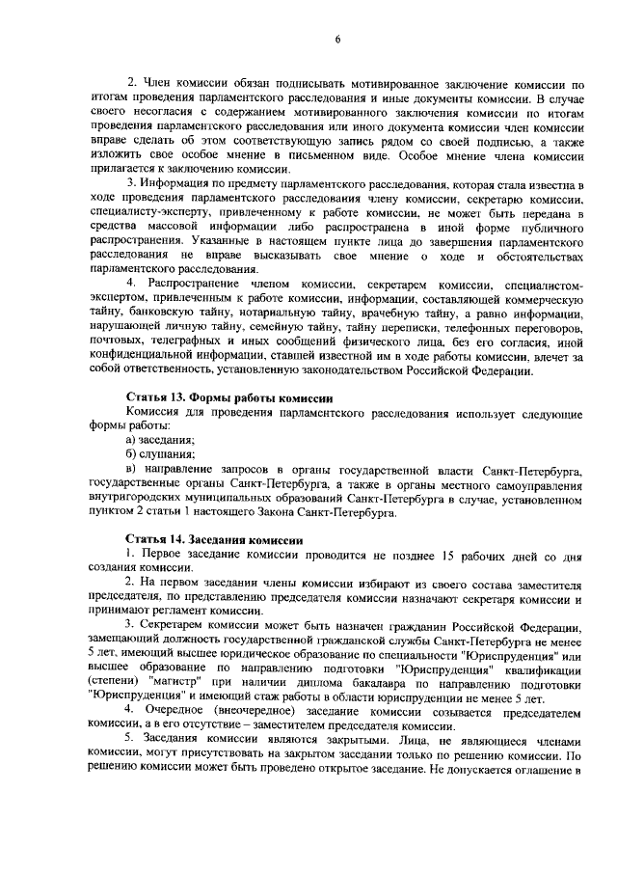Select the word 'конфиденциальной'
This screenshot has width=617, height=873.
tap(143, 370)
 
